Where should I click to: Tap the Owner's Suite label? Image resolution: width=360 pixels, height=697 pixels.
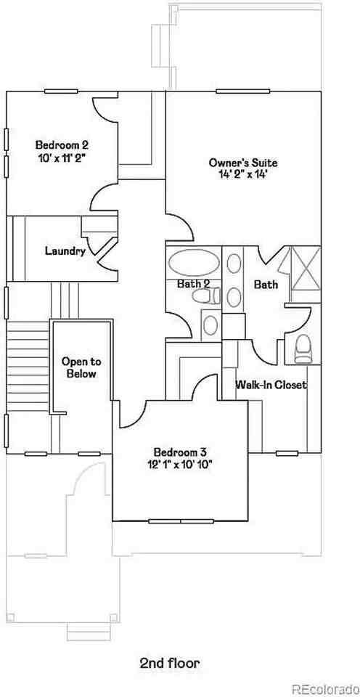242,163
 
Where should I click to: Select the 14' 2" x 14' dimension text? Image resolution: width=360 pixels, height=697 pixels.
242,175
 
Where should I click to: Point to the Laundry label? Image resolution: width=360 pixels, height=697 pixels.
65,251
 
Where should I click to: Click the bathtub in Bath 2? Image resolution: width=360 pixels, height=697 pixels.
192,261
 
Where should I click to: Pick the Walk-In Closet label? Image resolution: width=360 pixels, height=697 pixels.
271,385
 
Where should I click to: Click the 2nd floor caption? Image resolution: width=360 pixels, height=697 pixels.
169,663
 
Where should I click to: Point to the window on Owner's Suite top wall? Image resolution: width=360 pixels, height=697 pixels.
236,91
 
